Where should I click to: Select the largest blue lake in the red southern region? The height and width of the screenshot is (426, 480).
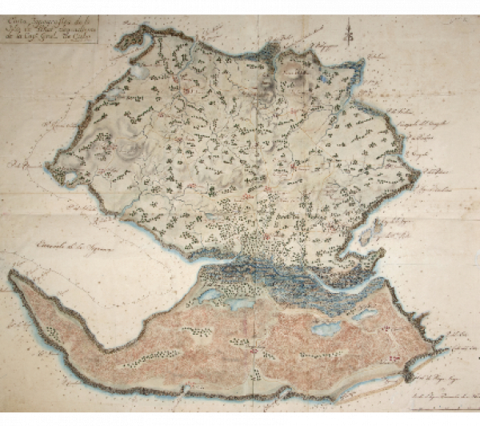327,329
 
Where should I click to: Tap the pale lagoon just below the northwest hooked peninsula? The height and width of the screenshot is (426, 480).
140,70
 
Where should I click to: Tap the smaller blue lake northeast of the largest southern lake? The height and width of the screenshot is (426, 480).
364,314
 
